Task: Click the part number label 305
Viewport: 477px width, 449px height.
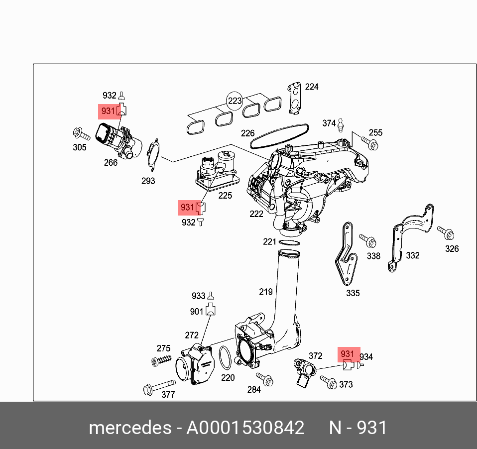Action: click(80, 147)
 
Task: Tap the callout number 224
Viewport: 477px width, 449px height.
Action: click(312, 87)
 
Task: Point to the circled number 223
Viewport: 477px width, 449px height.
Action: click(235, 101)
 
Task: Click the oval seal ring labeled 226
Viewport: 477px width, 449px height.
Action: click(279, 136)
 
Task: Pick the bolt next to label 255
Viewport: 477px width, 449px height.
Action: click(371, 144)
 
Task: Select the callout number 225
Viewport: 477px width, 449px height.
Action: click(225, 196)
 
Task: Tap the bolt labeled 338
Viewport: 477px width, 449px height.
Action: click(368, 240)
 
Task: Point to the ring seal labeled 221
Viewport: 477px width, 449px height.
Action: click(289, 242)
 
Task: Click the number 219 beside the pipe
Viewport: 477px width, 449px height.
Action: click(265, 291)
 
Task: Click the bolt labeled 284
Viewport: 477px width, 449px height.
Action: click(265, 380)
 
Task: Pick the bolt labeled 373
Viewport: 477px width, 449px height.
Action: click(329, 382)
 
